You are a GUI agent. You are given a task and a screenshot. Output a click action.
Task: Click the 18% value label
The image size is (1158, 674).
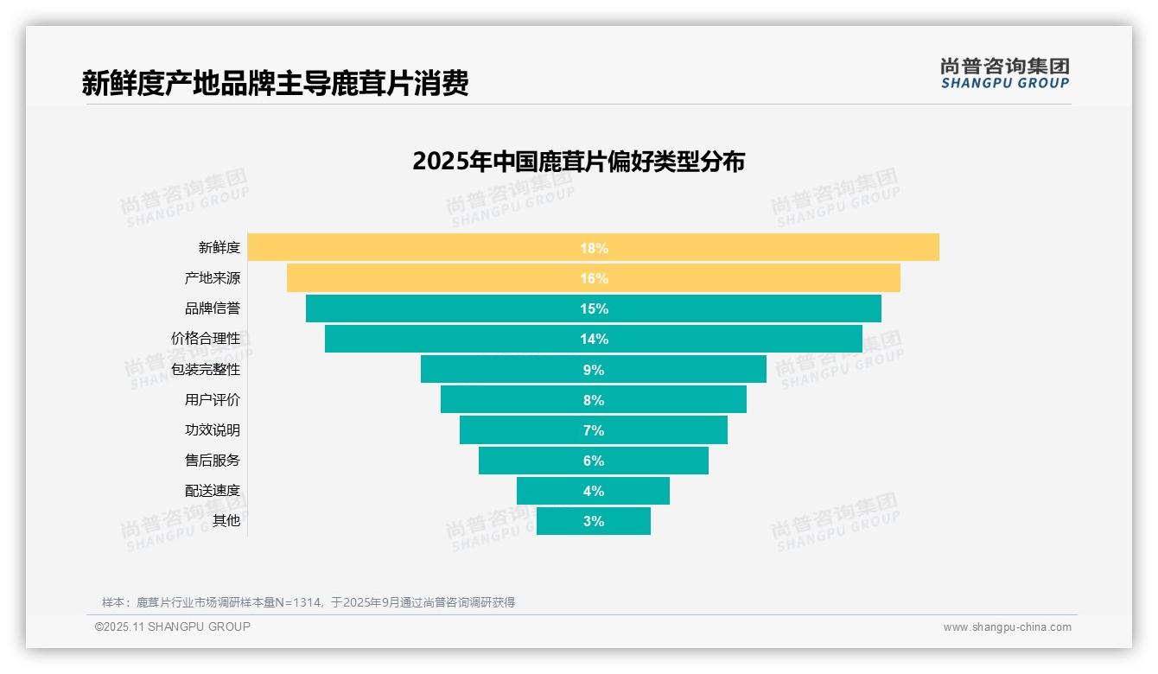click(x=594, y=248)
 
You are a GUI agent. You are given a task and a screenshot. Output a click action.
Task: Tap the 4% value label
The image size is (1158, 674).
click(x=594, y=491)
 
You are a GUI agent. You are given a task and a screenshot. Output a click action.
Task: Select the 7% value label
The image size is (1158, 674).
click(x=594, y=430)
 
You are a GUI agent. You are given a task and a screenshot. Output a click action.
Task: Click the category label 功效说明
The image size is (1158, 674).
click(x=213, y=430)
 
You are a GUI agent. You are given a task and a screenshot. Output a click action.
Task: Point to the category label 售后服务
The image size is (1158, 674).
click(x=213, y=461)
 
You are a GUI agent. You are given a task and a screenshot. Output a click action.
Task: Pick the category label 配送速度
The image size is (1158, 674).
click(x=213, y=491)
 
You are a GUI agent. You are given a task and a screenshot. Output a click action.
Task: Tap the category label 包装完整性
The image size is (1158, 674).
click(x=206, y=369)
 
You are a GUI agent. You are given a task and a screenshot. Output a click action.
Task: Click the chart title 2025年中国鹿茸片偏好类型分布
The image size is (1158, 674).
click(x=578, y=162)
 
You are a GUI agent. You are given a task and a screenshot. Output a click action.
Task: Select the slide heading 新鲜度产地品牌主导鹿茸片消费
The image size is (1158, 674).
click(x=275, y=84)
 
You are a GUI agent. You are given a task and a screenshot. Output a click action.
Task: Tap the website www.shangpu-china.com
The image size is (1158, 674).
click(x=1007, y=627)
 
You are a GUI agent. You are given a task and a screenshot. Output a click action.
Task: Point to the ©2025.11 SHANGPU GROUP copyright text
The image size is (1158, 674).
click(x=173, y=626)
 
